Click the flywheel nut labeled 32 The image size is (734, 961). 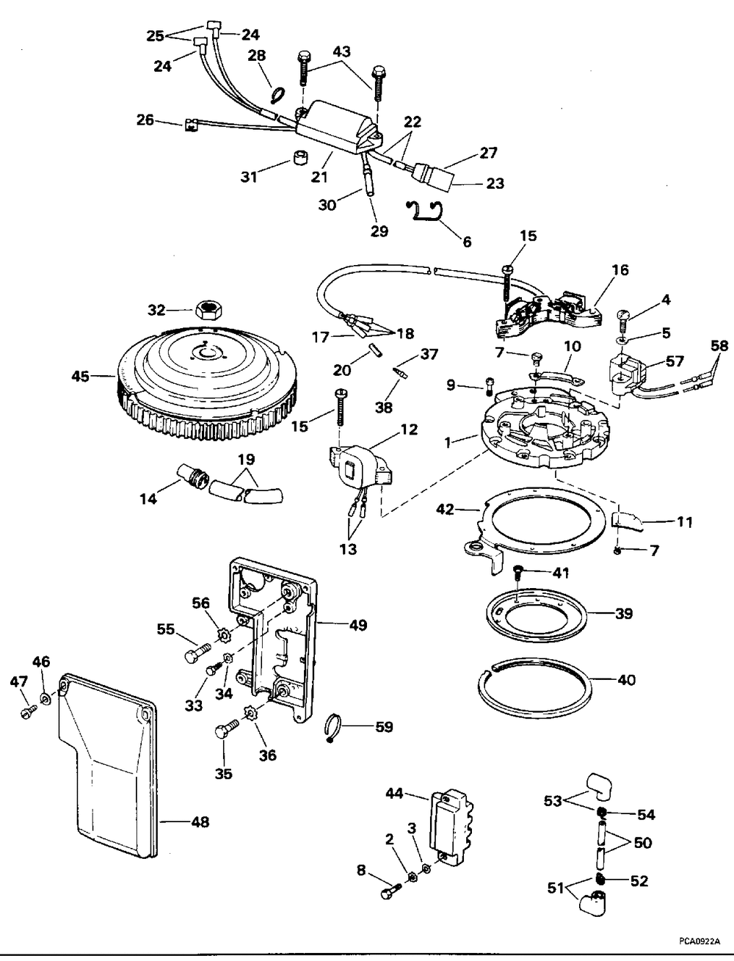[x=209, y=310]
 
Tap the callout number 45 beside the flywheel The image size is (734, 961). [x=81, y=376]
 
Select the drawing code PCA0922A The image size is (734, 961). [x=700, y=940]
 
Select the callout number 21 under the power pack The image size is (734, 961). [x=319, y=176]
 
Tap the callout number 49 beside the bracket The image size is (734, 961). [x=358, y=625]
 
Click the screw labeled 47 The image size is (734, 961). [x=29, y=713]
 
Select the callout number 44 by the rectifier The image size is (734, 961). [x=395, y=794]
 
